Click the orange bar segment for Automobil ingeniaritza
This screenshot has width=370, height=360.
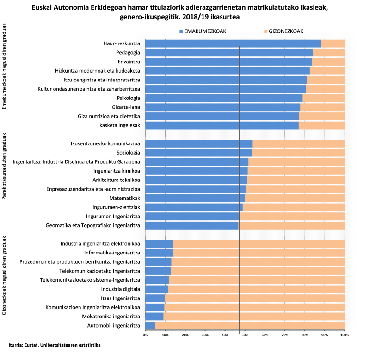click(250, 326)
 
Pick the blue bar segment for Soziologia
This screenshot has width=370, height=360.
click(198, 152)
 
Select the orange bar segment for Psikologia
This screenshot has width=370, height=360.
click(323, 98)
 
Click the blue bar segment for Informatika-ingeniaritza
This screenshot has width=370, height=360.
click(159, 253)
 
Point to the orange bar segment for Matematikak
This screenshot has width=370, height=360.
click(295, 198)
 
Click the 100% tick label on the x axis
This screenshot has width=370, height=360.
click(344, 335)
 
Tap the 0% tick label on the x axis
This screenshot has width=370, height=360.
click(145, 335)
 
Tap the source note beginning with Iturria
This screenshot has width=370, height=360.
click(55, 345)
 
